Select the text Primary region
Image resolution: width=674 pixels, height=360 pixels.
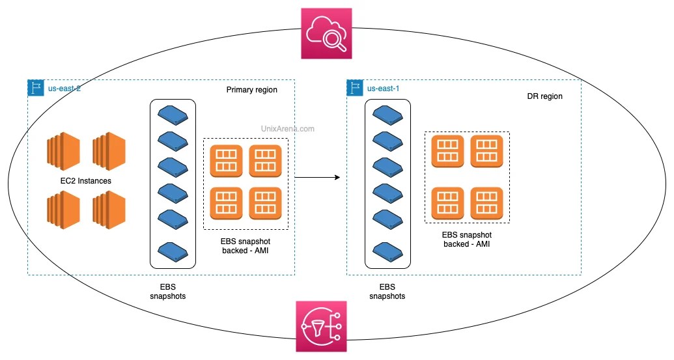coord(251,90)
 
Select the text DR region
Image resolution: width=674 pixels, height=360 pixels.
coord(544,96)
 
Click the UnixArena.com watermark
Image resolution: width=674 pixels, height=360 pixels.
coord(287,129)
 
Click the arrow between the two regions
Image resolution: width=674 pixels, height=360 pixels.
coord(318,177)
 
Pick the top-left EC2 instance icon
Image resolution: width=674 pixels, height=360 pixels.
coord(63,149)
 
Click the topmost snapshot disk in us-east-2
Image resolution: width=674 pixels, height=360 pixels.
coord(173,115)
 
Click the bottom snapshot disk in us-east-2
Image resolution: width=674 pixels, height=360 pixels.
coord(173,251)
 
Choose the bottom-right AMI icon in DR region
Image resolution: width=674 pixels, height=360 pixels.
coord(486,202)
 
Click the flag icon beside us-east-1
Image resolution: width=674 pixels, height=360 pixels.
coord(356,88)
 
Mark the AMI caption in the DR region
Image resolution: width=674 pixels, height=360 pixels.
coord(466,240)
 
